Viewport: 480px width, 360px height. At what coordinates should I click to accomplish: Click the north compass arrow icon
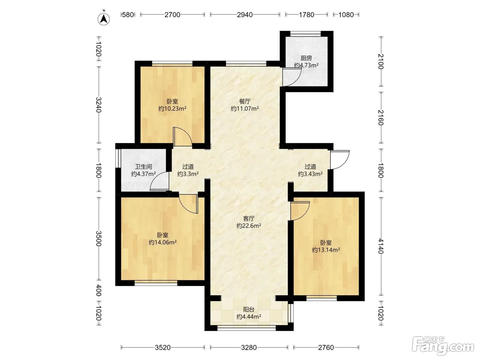pos(104,19)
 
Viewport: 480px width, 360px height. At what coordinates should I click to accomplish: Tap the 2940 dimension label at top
pos(245,15)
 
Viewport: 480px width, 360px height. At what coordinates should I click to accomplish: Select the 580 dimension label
pos(128,15)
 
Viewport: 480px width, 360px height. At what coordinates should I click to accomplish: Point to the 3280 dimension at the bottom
pos(249,347)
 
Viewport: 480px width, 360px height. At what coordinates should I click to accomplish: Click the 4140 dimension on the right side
pos(381,246)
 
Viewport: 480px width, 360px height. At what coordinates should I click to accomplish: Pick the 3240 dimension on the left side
pos(99,105)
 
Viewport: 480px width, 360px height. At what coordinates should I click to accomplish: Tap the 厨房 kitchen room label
pos(306,58)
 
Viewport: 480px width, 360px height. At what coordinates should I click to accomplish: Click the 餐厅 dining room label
pos(245,101)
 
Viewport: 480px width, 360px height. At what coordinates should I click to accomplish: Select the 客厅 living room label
pos(249,219)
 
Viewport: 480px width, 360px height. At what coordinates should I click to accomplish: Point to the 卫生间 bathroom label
pos(143,167)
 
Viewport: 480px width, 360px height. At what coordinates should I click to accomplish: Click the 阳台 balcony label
pos(249,310)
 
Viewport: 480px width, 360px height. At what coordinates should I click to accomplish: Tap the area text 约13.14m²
pos(326,250)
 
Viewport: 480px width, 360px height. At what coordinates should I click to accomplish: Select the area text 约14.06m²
pos(163,242)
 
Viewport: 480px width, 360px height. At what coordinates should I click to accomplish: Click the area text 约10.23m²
pos(172,109)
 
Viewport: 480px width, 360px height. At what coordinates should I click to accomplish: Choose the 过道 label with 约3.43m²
pos(310,167)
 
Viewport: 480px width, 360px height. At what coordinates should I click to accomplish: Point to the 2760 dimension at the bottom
pos(326,347)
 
